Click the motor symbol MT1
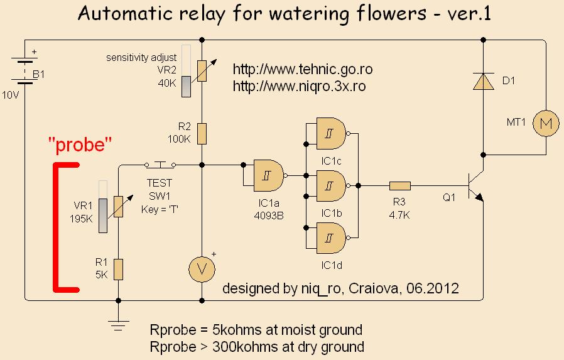(x=545, y=124)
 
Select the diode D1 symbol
(x=483, y=82)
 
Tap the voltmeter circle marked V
(x=201, y=268)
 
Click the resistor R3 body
(x=399, y=185)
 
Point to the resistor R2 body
(x=201, y=133)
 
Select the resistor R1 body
(x=118, y=268)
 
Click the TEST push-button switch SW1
(x=160, y=165)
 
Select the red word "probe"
(x=80, y=146)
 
